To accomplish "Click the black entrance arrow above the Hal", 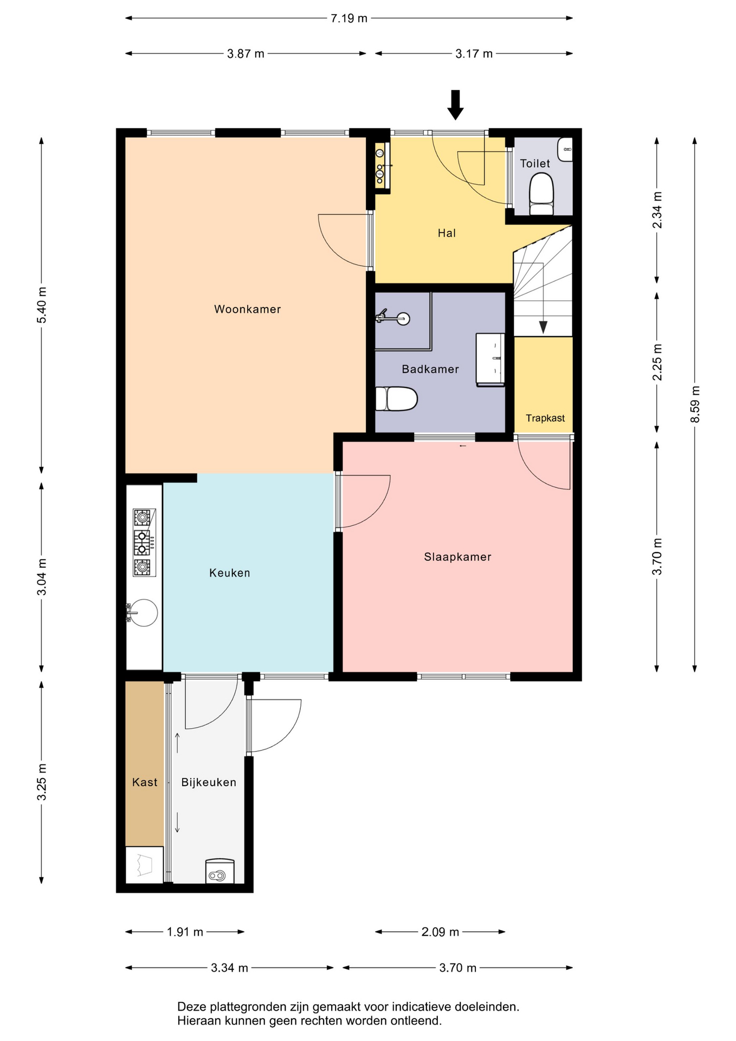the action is click(x=455, y=105).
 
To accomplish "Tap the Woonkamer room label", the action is click(x=248, y=309).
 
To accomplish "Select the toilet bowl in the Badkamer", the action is click(x=397, y=399).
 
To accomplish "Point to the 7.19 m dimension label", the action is click(x=349, y=18).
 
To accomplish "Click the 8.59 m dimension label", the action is click(x=695, y=404).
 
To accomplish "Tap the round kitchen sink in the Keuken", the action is click(x=143, y=613).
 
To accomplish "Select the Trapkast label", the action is click(x=545, y=418).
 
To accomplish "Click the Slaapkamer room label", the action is click(x=457, y=557).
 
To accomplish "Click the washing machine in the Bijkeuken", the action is click(x=219, y=871).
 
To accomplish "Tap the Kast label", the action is click(x=145, y=782).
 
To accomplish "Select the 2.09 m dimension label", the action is click(x=440, y=932).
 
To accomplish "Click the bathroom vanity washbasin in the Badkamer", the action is click(x=490, y=359).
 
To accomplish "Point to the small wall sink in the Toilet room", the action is click(x=565, y=149).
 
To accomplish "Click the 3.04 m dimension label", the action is click(x=42, y=577).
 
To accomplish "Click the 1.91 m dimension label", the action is click(x=185, y=932).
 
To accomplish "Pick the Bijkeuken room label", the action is click(x=209, y=782).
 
